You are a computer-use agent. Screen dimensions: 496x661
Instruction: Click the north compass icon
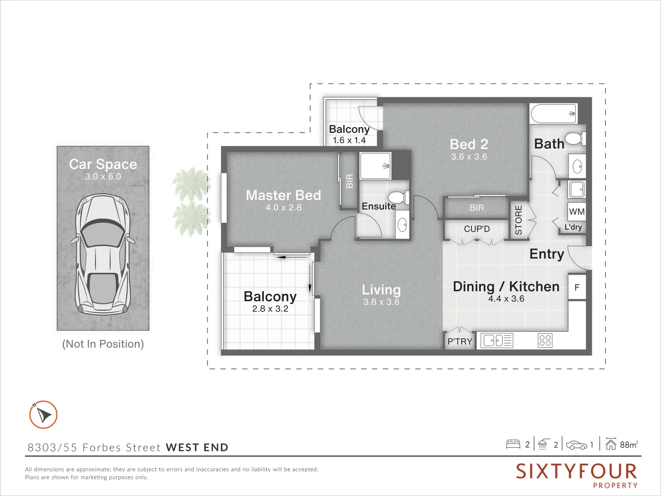coord(43,415)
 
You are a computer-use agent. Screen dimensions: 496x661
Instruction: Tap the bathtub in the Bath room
coord(553,113)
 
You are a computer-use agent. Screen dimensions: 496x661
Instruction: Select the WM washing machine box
coord(577,212)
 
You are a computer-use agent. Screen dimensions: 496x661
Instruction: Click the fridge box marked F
coord(577,287)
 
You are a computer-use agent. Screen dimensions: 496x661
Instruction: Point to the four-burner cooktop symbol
coord(545,340)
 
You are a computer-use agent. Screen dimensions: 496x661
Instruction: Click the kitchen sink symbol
coord(496,340)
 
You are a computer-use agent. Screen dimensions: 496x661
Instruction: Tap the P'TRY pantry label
coord(459,341)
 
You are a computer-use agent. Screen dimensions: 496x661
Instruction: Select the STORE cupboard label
coord(519,220)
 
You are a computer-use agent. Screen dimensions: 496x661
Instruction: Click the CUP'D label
coord(476,229)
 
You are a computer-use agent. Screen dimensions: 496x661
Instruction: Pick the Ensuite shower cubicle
coord(375,166)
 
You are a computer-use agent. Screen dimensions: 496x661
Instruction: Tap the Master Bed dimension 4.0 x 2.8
coord(283,208)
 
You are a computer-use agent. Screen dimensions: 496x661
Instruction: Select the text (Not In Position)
coord(103,344)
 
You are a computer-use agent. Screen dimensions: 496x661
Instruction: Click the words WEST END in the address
coord(197,447)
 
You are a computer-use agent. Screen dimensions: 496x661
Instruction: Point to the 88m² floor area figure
coord(628,445)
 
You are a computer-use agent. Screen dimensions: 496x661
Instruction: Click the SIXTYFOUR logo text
coord(576,472)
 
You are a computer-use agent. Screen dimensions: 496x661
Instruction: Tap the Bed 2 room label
coord(469,144)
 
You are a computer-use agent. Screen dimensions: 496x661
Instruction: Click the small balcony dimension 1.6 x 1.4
coord(349,141)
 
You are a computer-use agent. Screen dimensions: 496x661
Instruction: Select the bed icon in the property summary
coord(513,444)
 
